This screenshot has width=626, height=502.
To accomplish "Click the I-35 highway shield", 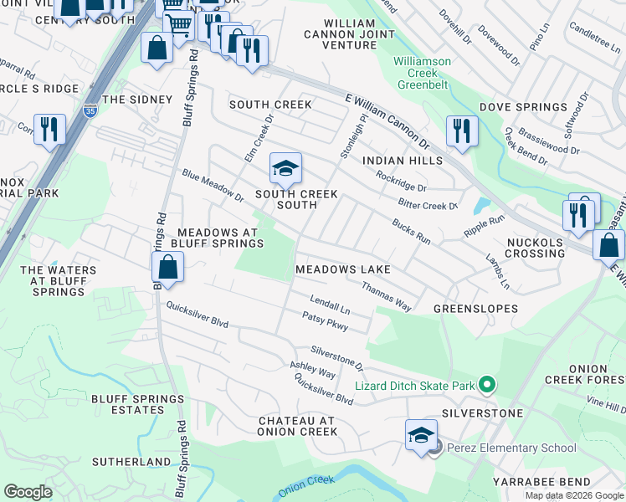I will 90,110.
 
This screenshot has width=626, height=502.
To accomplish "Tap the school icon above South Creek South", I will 285,170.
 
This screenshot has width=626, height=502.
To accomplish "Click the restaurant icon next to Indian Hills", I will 461,132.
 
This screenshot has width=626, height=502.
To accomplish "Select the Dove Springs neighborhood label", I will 523,107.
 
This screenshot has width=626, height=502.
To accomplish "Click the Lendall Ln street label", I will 330,304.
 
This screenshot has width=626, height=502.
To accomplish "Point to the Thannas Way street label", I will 386,297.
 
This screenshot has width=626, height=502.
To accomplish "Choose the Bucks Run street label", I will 411,232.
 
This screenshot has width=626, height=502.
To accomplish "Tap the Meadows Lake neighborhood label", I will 343,270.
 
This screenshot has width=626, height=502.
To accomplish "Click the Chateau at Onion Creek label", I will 296,426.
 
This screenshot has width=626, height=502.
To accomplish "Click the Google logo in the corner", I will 28,492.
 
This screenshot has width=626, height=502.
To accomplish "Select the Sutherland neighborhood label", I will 131,461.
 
